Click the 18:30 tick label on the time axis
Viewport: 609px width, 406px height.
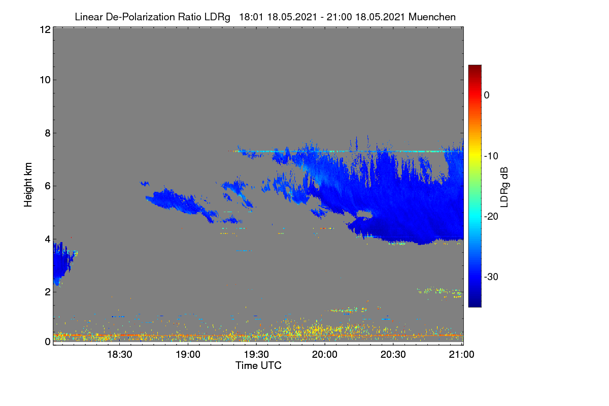tap(120, 354)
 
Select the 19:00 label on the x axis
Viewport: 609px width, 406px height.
tap(188, 354)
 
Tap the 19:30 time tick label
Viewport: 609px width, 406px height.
tap(256, 354)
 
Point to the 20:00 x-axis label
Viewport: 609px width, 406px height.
tap(325, 354)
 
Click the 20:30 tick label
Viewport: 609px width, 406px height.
tap(393, 354)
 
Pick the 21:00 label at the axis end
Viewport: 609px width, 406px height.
tap(461, 354)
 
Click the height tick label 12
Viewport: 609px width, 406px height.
tap(45, 29)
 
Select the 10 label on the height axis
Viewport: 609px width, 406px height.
tap(45, 80)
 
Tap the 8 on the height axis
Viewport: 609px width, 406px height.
tap(48, 133)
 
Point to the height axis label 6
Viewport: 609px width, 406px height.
tap(48, 186)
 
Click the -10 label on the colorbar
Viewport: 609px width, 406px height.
tap(491, 156)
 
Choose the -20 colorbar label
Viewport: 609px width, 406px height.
tap(491, 217)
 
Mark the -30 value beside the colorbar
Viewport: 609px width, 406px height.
tap(491, 277)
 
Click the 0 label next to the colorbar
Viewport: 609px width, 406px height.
tap(487, 95)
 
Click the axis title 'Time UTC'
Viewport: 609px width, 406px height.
tap(258, 365)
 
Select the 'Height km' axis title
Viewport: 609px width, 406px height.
tap(28, 185)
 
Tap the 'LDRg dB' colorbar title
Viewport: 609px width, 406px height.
tap(504, 187)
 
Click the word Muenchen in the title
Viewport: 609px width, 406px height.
tap(432, 17)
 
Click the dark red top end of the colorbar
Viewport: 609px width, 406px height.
tap(475, 66)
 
